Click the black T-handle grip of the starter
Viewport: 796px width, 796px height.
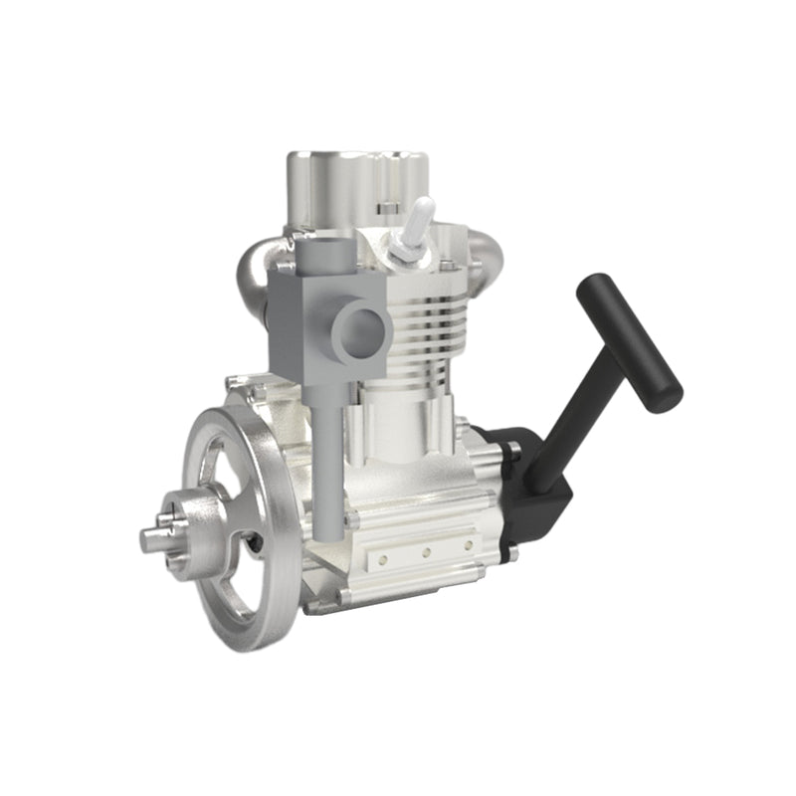point(630,342)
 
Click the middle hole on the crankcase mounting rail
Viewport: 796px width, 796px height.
point(425,551)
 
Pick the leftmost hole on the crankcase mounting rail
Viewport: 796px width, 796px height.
point(381,560)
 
